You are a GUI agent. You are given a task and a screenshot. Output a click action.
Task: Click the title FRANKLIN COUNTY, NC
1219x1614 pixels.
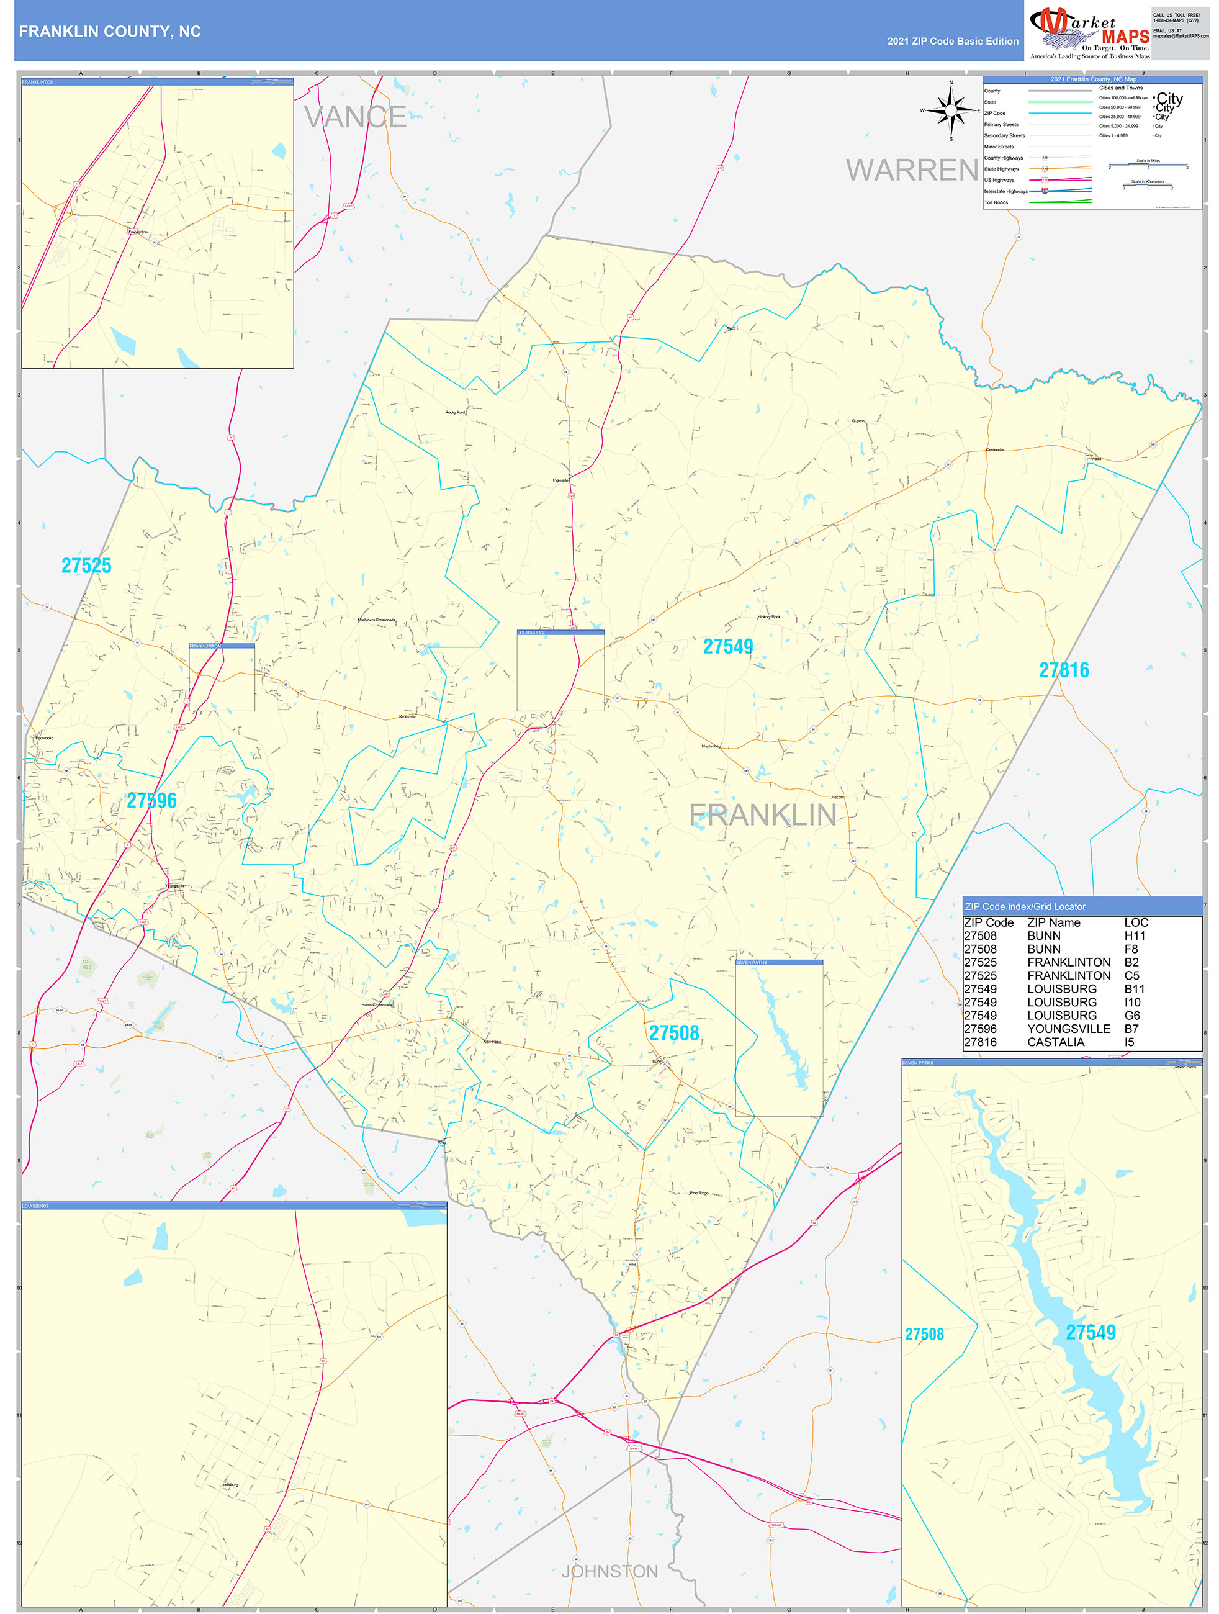click(x=109, y=32)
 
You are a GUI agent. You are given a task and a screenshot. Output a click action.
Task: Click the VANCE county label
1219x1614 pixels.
click(x=355, y=117)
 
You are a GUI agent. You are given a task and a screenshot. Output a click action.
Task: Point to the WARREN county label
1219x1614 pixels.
click(x=912, y=170)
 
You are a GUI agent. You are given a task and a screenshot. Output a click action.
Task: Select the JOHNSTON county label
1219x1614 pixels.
click(x=609, y=1571)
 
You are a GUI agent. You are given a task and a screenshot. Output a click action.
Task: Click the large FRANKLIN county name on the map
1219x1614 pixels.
click(x=762, y=815)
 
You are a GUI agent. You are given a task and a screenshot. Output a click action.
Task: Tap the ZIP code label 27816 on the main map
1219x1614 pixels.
click(x=1064, y=670)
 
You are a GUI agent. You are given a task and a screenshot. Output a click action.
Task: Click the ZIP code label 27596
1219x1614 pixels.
click(x=151, y=800)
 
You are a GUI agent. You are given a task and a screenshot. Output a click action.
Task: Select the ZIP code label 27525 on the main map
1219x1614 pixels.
click(x=86, y=566)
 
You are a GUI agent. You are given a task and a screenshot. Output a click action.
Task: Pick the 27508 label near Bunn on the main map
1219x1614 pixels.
click(x=674, y=1033)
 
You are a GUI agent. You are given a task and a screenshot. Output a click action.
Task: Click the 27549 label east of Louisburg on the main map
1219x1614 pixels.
click(x=727, y=646)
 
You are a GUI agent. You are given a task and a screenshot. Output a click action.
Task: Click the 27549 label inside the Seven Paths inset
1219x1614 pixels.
click(x=1091, y=1332)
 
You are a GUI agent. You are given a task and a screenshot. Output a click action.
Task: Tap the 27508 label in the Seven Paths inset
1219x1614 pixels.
click(x=924, y=1335)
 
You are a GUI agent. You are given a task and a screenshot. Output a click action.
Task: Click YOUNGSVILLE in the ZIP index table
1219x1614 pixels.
click(x=1069, y=1029)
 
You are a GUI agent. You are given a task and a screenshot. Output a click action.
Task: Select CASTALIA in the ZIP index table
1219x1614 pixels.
click(x=1056, y=1042)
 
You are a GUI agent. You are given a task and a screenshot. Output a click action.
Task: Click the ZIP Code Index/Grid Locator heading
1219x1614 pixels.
click(x=1025, y=906)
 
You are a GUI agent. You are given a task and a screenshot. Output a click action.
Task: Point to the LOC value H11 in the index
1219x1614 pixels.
click(x=1135, y=935)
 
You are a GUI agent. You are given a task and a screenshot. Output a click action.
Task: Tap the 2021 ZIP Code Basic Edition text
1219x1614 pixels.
click(x=952, y=42)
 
